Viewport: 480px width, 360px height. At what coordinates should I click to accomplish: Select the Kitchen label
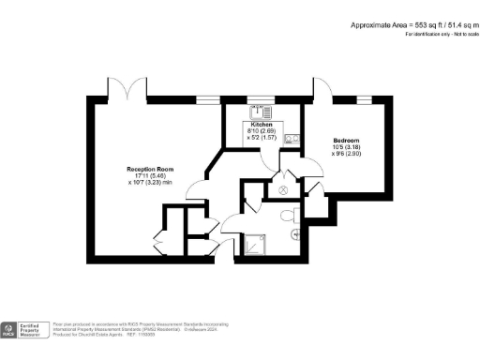pos(261,124)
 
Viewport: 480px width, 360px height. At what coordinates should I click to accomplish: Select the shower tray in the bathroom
pos(255,245)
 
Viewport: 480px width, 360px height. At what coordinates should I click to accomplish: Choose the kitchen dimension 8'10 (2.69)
pos(261,131)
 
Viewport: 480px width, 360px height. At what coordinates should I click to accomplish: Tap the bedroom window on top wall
pos(366,98)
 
